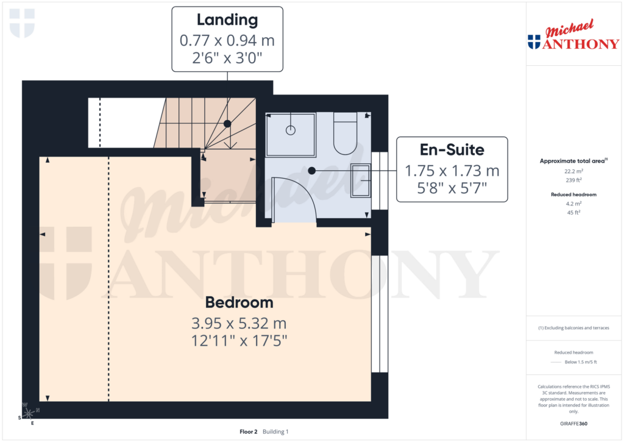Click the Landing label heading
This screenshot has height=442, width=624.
[227, 20]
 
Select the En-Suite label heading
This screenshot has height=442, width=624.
[452, 149]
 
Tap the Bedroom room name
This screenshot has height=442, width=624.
[239, 302]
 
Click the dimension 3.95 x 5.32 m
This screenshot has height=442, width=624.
[238, 323]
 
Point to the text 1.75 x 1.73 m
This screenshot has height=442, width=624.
[452, 171]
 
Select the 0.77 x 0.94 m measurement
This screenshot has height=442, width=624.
[227, 41]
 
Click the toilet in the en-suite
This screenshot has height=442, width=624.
[345, 135]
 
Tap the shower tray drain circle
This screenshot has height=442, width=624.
[291, 129]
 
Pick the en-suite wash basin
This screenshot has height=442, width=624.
[360, 180]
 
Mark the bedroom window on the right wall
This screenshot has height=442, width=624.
[380, 313]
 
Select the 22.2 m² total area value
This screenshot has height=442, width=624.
[572, 171]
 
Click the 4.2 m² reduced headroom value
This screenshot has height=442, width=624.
[572, 204]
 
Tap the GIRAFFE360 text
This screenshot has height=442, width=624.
[572, 424]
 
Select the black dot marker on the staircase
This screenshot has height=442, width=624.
[227, 124]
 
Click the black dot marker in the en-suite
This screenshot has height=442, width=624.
[311, 171]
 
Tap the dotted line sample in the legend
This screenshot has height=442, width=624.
[555, 362]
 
